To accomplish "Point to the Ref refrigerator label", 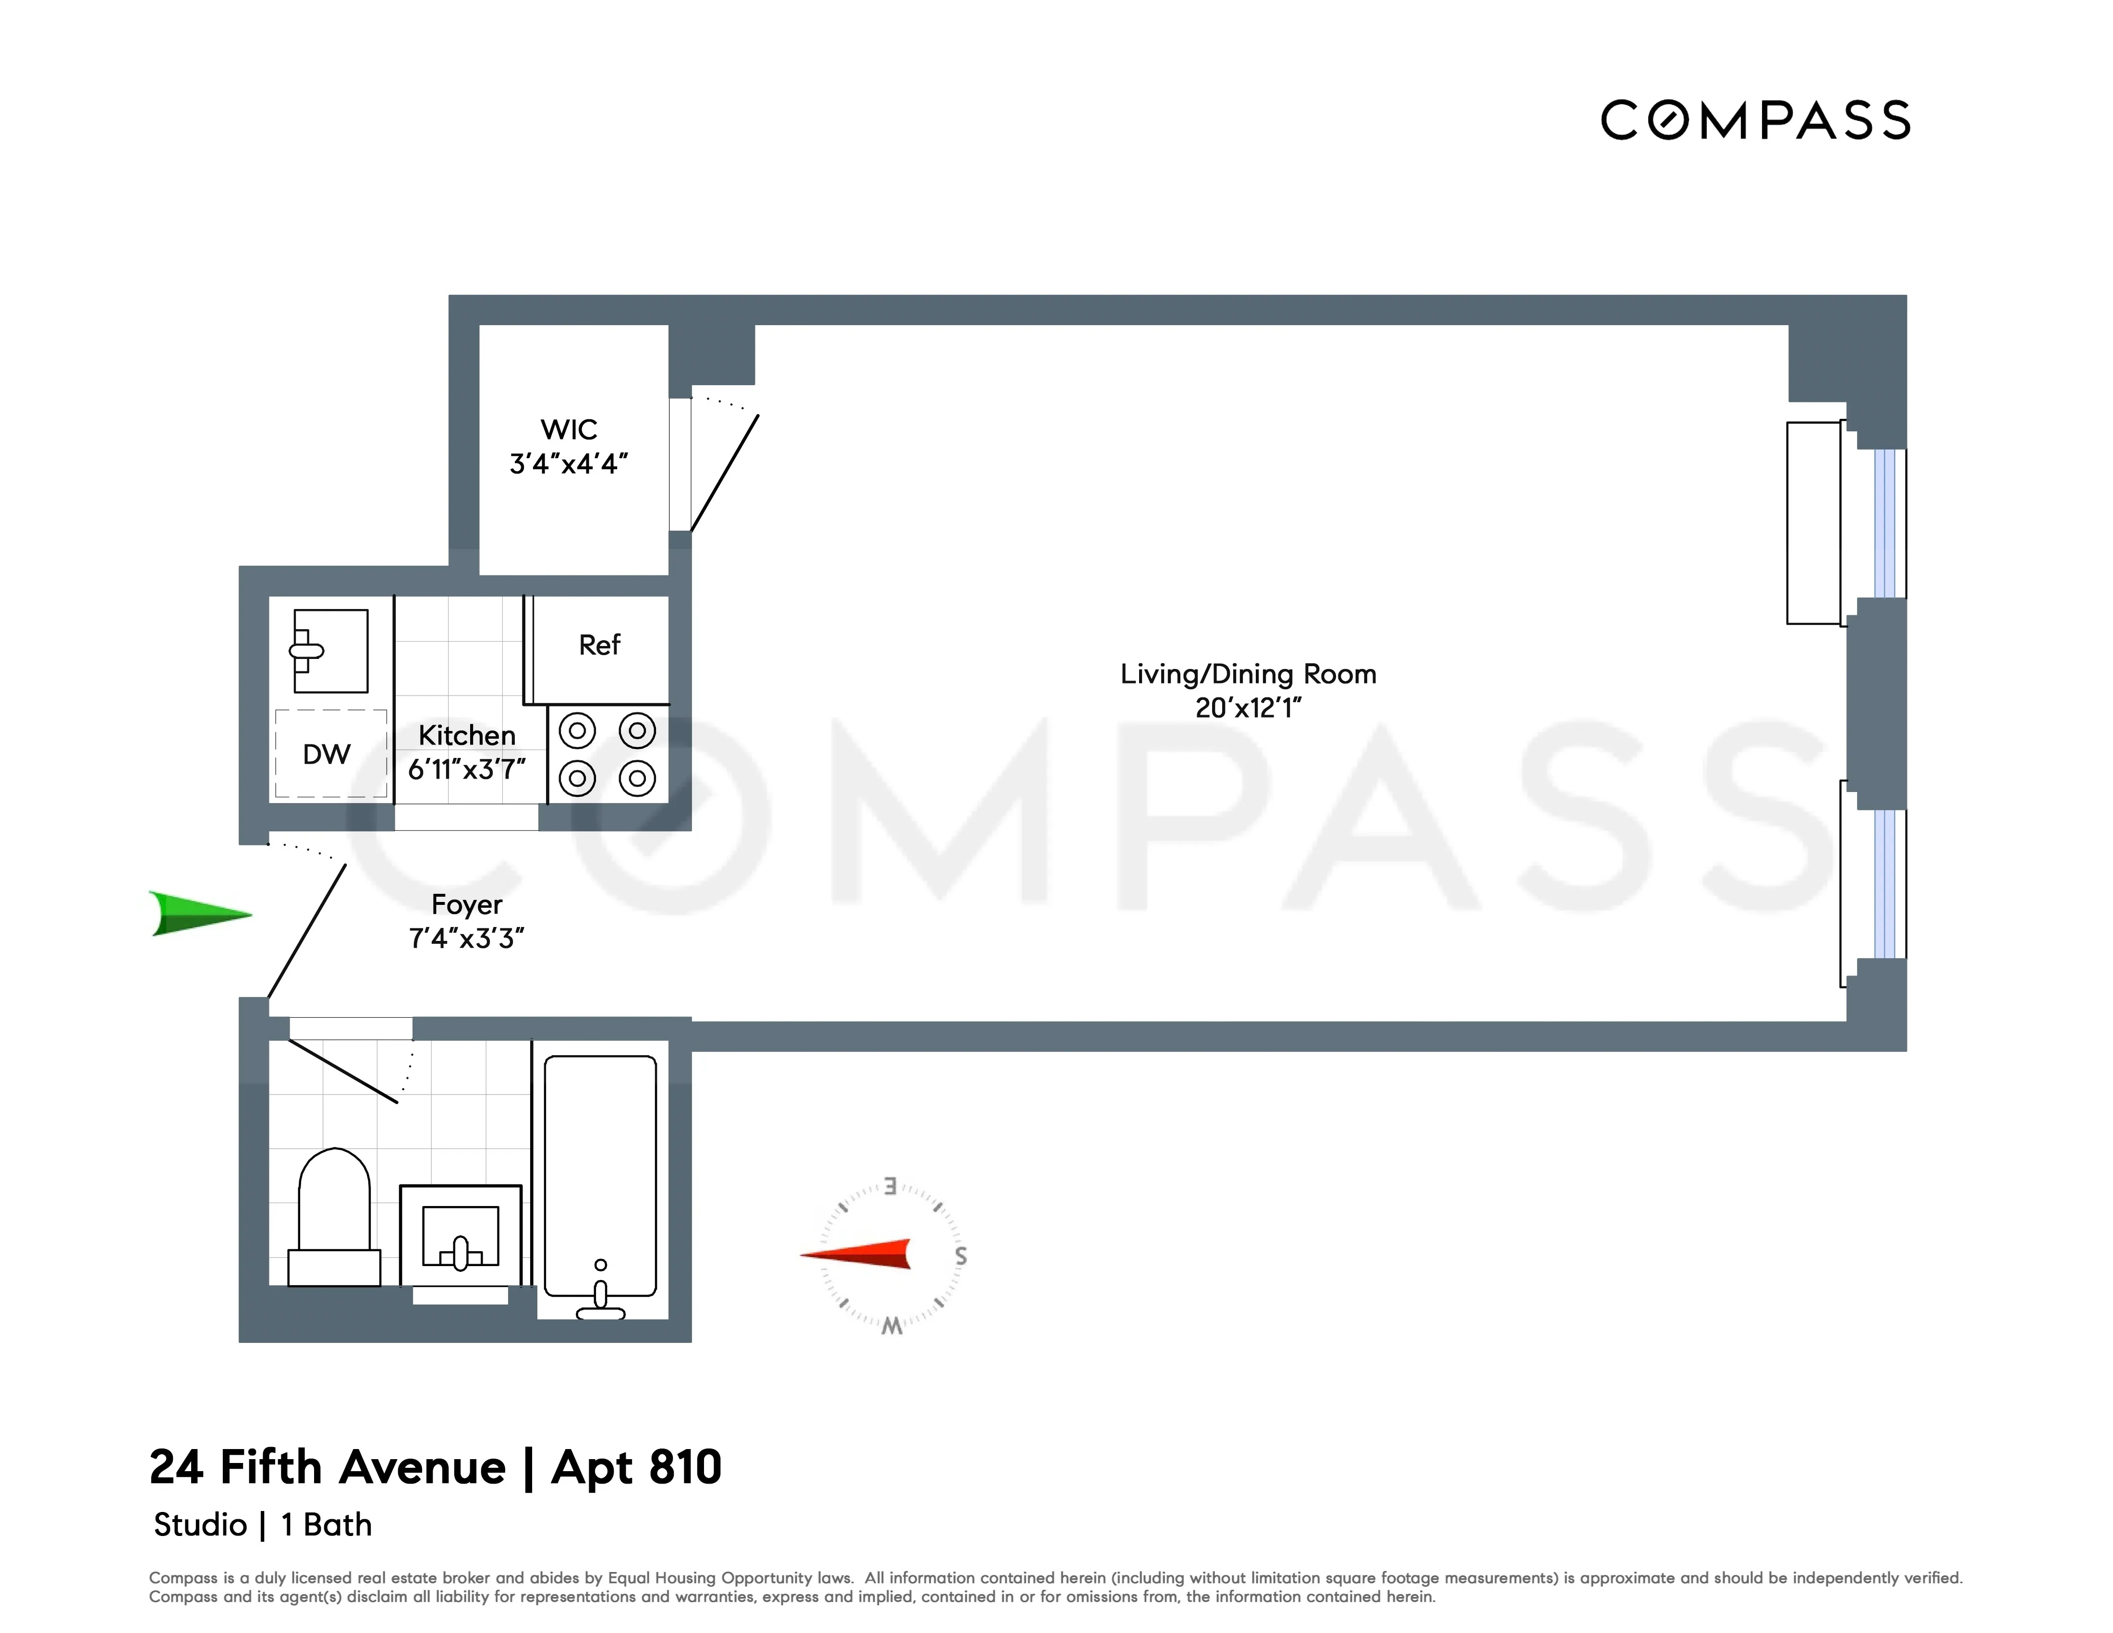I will click(x=599, y=645).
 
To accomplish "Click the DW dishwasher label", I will click(x=326, y=755).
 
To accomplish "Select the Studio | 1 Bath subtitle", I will click(x=262, y=1524).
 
